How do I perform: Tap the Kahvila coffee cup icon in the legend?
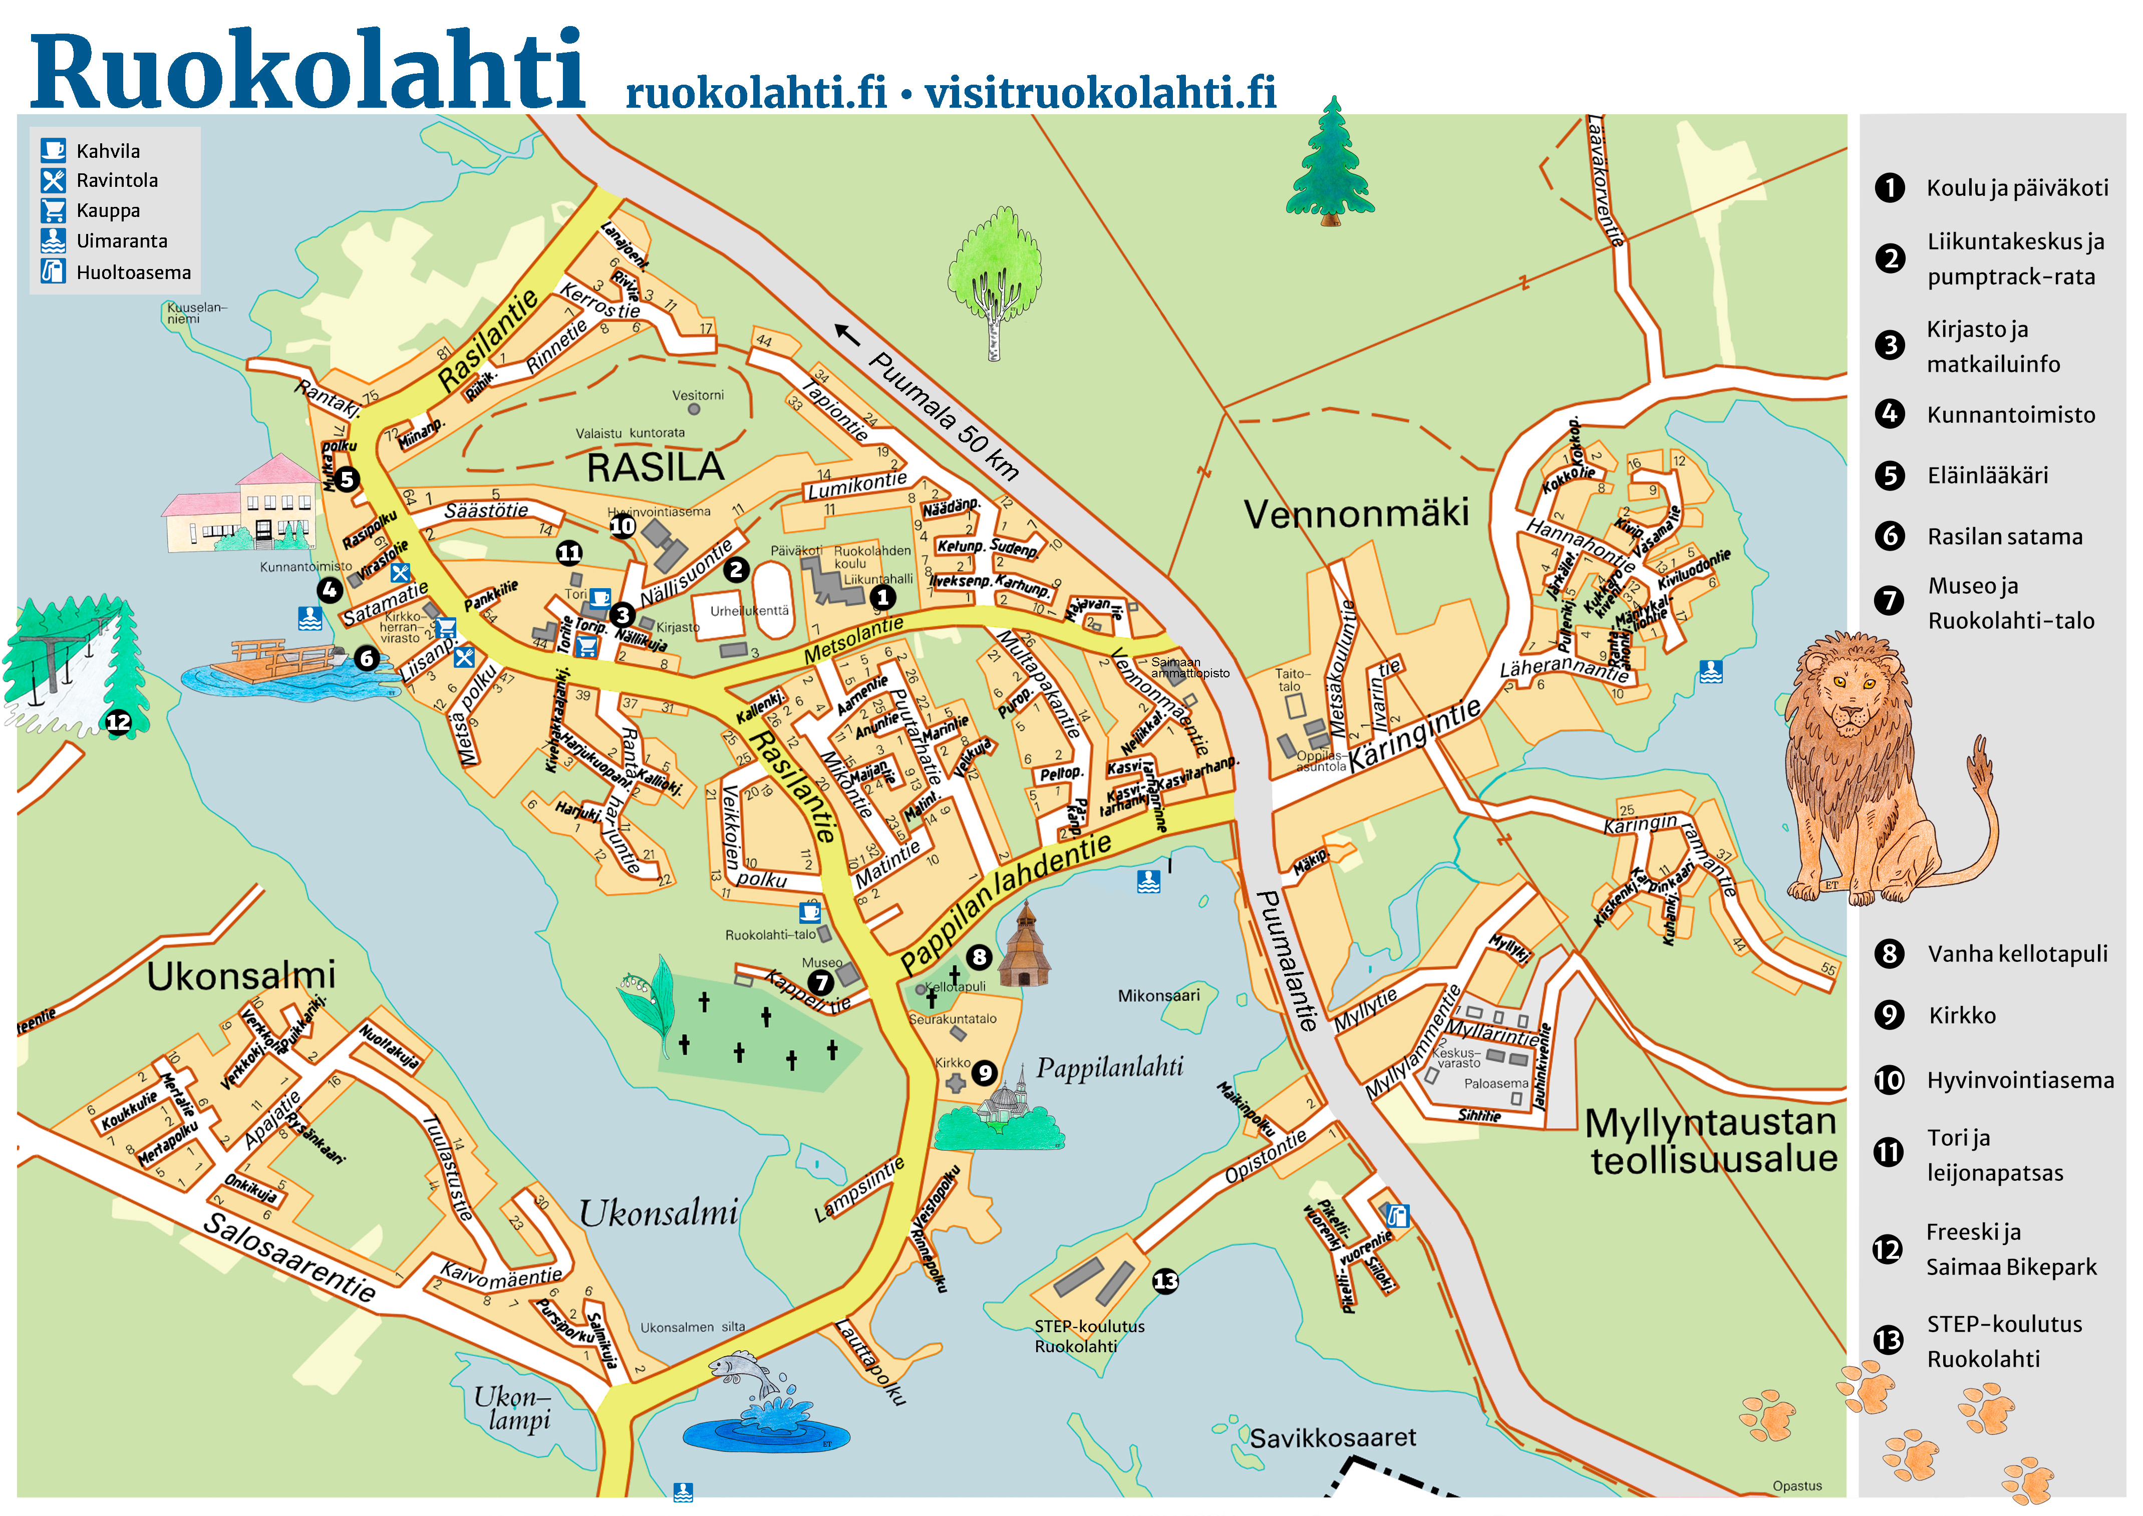[53, 149]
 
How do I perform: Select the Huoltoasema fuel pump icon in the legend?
[53, 271]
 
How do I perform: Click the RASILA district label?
[655, 467]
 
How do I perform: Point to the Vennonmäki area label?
[1356, 514]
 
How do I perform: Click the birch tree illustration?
[995, 280]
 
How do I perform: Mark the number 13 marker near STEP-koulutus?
[1165, 1281]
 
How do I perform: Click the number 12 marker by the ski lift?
[119, 721]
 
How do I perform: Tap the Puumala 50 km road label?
[943, 415]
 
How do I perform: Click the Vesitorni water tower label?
[697, 395]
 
